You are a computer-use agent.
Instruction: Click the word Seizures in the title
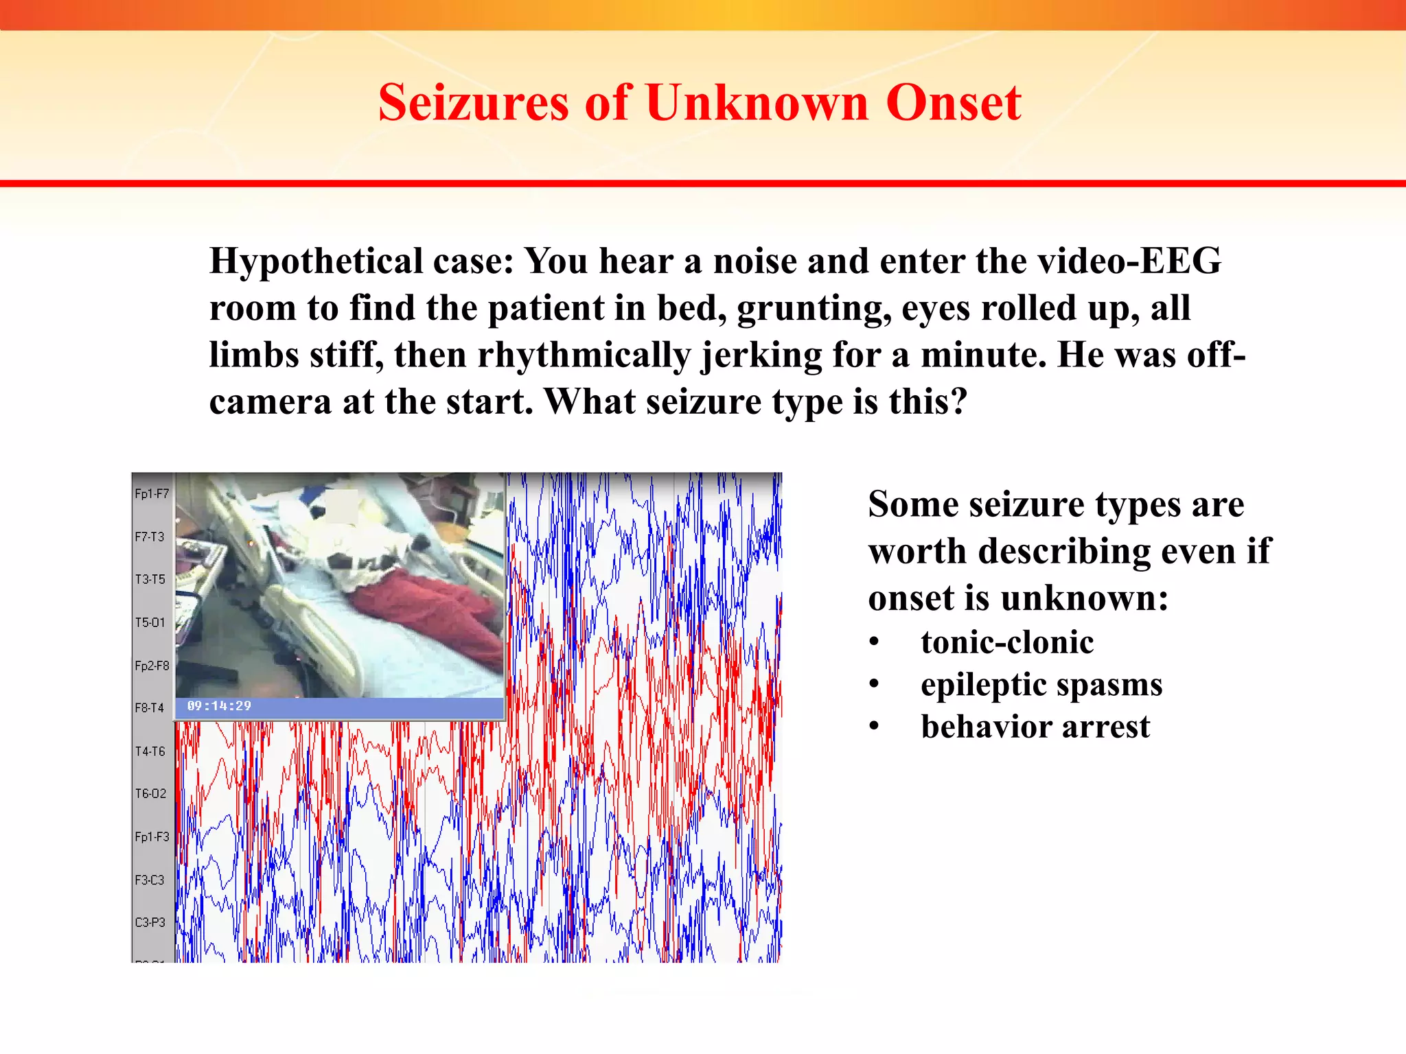coord(473,103)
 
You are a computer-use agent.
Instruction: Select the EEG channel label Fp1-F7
coord(151,493)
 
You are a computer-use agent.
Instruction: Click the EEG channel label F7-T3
coord(150,537)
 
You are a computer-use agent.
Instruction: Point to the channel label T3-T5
coord(150,579)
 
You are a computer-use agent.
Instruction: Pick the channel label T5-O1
coord(150,622)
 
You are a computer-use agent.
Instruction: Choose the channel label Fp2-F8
coord(151,666)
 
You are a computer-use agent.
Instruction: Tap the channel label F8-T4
coord(150,707)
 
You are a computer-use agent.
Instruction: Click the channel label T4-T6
coord(150,751)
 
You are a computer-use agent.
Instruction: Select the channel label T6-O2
coord(150,794)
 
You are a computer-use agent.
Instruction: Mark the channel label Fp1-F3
coord(151,837)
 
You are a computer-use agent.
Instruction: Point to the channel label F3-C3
coord(150,880)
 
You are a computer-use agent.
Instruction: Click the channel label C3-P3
coord(150,922)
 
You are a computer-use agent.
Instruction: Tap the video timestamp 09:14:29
coord(219,706)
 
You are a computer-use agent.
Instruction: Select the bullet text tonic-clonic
coord(1007,642)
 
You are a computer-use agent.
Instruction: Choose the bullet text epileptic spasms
coord(1041,684)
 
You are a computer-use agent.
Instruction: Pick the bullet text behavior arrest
coord(1035,726)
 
